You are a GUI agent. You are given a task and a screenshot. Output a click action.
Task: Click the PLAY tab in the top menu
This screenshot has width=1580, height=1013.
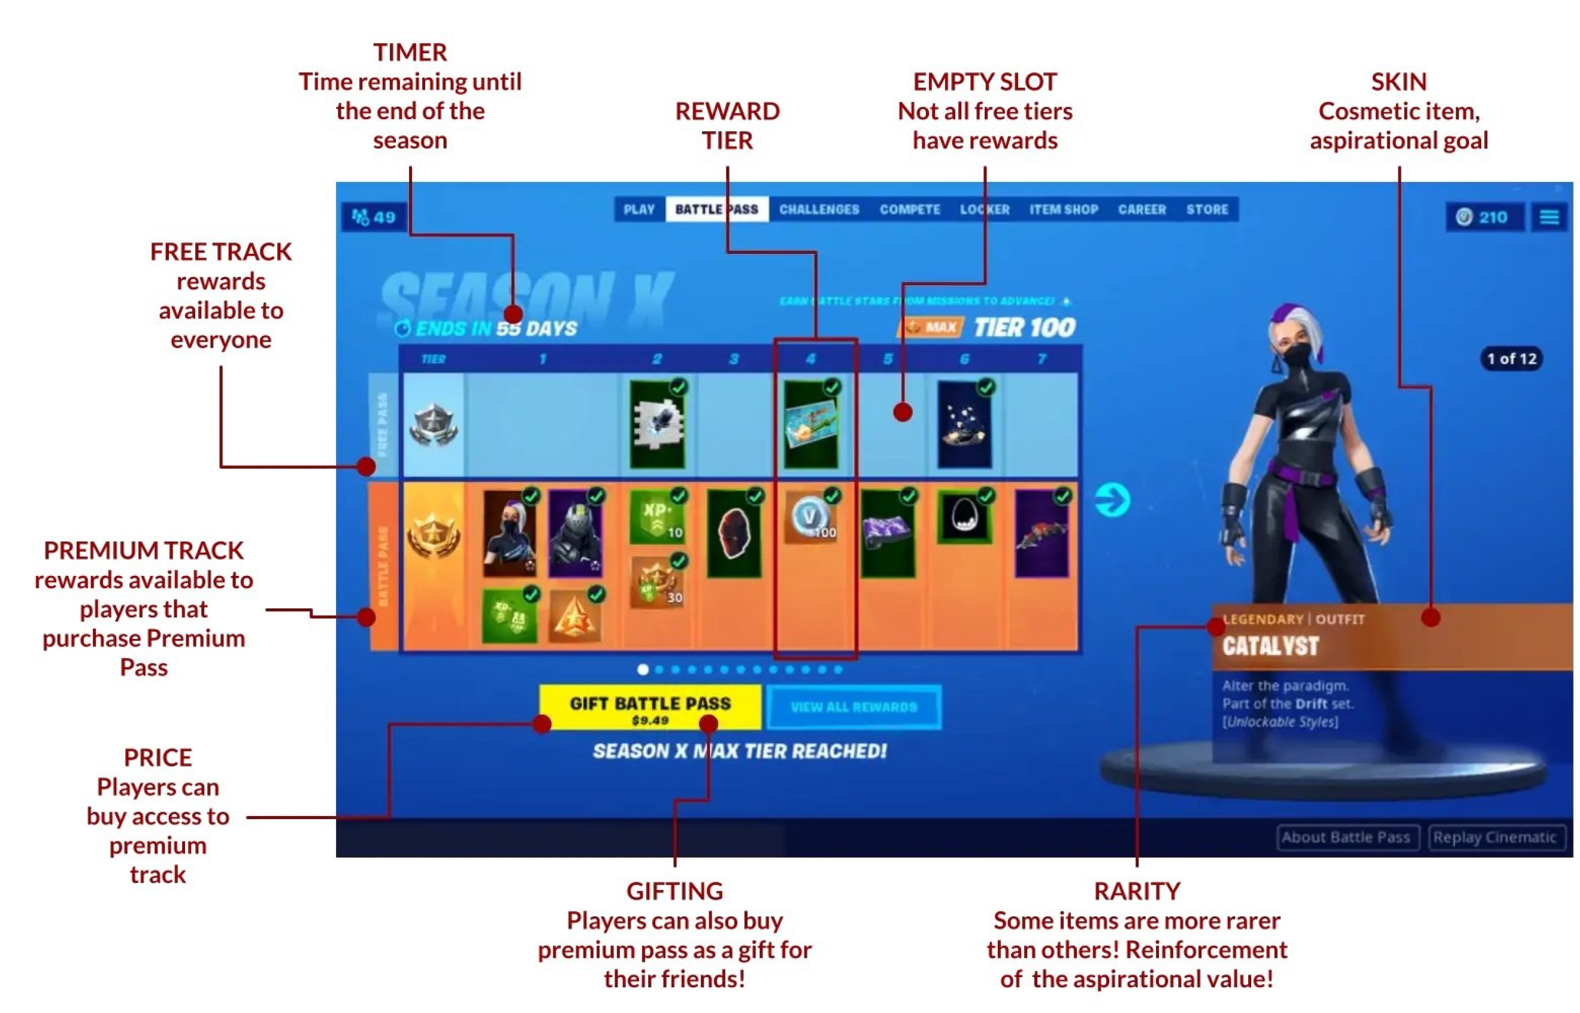pyautogui.click(x=638, y=210)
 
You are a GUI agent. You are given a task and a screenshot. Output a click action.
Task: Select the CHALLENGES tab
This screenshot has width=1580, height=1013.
pyautogui.click(x=819, y=210)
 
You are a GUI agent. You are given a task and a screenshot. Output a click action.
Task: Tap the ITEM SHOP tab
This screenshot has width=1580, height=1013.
pyautogui.click(x=1064, y=210)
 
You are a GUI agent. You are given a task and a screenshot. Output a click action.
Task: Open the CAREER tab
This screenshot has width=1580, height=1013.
pyautogui.click(x=1142, y=210)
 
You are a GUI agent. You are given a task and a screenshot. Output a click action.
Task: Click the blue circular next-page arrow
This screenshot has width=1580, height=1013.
pyautogui.click(x=1112, y=501)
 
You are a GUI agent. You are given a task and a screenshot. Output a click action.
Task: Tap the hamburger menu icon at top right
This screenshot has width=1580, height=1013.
pyautogui.click(x=1549, y=217)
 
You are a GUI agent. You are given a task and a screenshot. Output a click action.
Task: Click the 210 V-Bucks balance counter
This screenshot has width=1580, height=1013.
pyautogui.click(x=1484, y=217)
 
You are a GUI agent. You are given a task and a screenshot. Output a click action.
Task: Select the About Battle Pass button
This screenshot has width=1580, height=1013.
pyautogui.click(x=1346, y=838)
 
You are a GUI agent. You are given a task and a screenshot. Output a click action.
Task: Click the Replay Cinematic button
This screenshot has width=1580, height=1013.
pyautogui.click(x=1494, y=838)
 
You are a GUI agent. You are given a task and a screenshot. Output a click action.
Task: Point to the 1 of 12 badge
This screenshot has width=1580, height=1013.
pyautogui.click(x=1512, y=359)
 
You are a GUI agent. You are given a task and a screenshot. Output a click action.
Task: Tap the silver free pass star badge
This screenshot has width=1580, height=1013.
pyautogui.click(x=433, y=424)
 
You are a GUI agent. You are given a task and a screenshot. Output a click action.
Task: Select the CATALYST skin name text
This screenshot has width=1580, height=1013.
pyautogui.click(x=1270, y=647)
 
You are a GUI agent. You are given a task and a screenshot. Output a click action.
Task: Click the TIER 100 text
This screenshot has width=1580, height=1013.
pyautogui.click(x=1025, y=327)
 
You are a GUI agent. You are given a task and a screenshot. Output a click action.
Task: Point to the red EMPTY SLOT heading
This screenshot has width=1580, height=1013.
pyautogui.click(x=985, y=82)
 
